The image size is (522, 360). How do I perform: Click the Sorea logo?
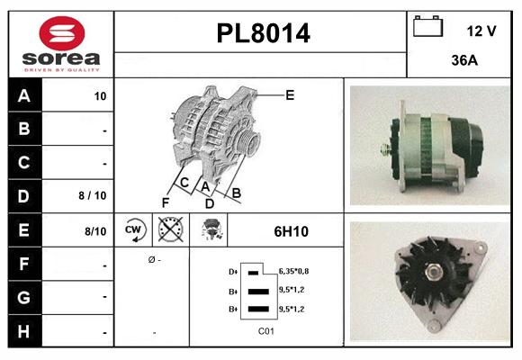61,45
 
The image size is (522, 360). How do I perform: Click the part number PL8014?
263,34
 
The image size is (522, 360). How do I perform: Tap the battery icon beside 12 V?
427,28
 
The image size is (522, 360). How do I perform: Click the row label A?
23,95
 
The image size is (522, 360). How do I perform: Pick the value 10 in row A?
99,96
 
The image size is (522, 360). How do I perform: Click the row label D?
23,195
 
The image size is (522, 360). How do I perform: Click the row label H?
23,331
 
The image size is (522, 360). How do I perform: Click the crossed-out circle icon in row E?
169,230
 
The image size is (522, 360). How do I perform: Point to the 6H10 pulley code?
291,231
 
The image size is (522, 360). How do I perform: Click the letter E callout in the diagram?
290,94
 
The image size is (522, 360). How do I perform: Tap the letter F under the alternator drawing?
165,202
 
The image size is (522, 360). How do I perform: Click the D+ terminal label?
233,272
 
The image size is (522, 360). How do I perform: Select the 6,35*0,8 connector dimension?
293,272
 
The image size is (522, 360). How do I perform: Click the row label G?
23,297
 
